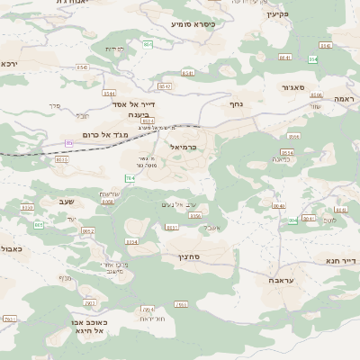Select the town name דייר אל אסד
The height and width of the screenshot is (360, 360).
click(x=133, y=104)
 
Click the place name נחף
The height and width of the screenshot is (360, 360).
click(x=236, y=103)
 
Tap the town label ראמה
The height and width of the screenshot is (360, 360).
click(x=342, y=98)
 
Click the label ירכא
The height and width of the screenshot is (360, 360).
click(x=10, y=64)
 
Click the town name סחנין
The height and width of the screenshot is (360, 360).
click(x=175, y=257)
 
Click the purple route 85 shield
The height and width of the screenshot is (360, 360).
click(x=68, y=142)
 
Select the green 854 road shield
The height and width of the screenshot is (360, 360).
click(x=147, y=43)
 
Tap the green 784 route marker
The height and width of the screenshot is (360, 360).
click(x=130, y=178)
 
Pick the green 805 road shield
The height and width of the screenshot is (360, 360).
click(x=40, y=225)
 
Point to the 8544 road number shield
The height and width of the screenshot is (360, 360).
click(x=110, y=93)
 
